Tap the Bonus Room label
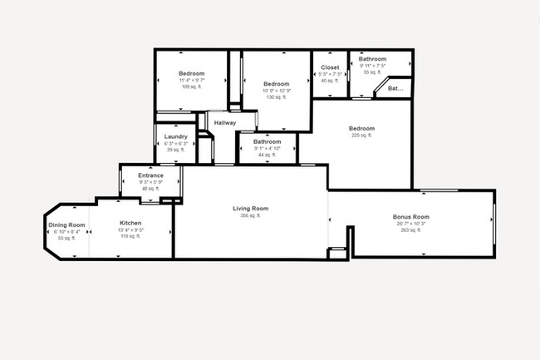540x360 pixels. click(413, 217)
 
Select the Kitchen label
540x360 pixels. click(131, 223)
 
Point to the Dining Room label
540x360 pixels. click(66, 224)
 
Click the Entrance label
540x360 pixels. click(150, 175)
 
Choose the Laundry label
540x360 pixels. click(175, 136)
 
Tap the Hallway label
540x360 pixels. click(225, 123)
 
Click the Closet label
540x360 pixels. click(330, 67)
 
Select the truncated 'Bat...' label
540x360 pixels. click(395, 87)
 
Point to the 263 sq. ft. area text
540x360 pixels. click(413, 230)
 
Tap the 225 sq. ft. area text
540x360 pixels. click(361, 136)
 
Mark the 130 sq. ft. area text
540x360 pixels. click(276, 97)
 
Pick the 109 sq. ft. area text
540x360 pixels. click(191, 86)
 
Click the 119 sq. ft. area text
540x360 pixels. click(131, 236)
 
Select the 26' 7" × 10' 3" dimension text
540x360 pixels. click(413, 224)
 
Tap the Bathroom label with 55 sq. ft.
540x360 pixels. click(372, 59)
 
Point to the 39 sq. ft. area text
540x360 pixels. click(175, 150)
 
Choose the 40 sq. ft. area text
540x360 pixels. click(330, 80)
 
